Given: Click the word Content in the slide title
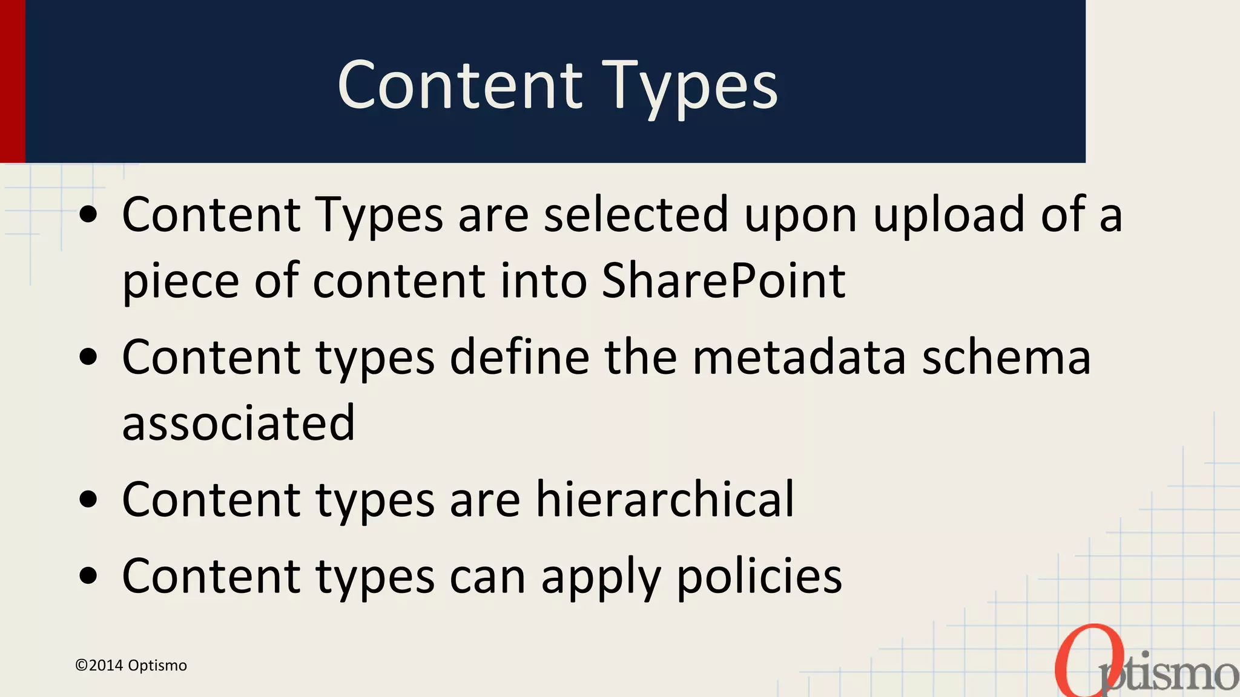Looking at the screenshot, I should point(460,86).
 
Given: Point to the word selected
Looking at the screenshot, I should point(636,215).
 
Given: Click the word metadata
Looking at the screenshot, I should point(799,357).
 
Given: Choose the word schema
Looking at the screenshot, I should point(1006,357).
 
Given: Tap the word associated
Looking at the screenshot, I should point(239,422).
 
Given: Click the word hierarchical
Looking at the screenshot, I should point(664,499).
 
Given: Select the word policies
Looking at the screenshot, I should point(759,576).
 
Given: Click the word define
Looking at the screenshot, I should point(519,357).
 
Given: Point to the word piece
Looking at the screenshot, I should point(180,282).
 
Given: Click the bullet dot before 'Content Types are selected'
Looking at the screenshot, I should point(88,215).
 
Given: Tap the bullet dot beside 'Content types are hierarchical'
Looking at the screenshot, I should point(88,500).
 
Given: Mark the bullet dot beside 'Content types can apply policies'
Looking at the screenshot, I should point(88,576).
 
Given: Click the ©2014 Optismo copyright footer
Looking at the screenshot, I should point(131,666).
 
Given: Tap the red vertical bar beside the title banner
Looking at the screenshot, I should point(12,81).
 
